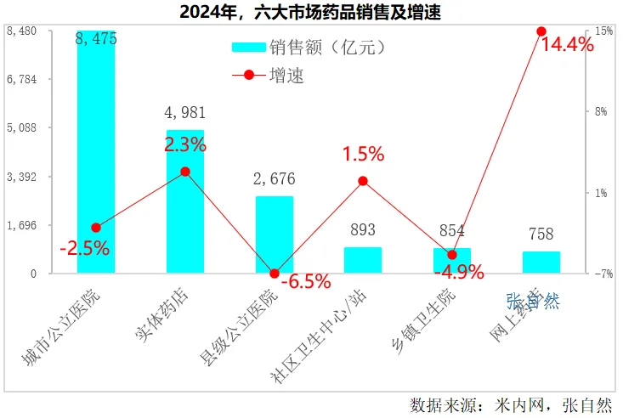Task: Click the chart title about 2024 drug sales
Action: pyautogui.click(x=310, y=14)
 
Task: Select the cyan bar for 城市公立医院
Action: pyautogui.click(x=96, y=153)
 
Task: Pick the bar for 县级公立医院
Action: pyautogui.click(x=275, y=235)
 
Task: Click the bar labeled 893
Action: pyautogui.click(x=363, y=260)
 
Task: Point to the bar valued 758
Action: pyautogui.click(x=541, y=263)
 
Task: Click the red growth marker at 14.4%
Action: pyautogui.click(x=541, y=31)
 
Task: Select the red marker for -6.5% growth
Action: pyautogui.click(x=275, y=274)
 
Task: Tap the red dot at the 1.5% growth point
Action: pyautogui.click(x=363, y=181)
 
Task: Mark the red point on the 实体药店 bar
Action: pyautogui.click(x=185, y=172)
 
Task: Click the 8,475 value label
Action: pyautogui.click(x=96, y=39)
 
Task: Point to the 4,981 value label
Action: pyautogui.click(x=185, y=112)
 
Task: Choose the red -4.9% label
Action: pyautogui.click(x=459, y=273)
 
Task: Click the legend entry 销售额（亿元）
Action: pyautogui.click(x=310, y=48)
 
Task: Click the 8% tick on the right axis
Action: pyautogui.click(x=602, y=111)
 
